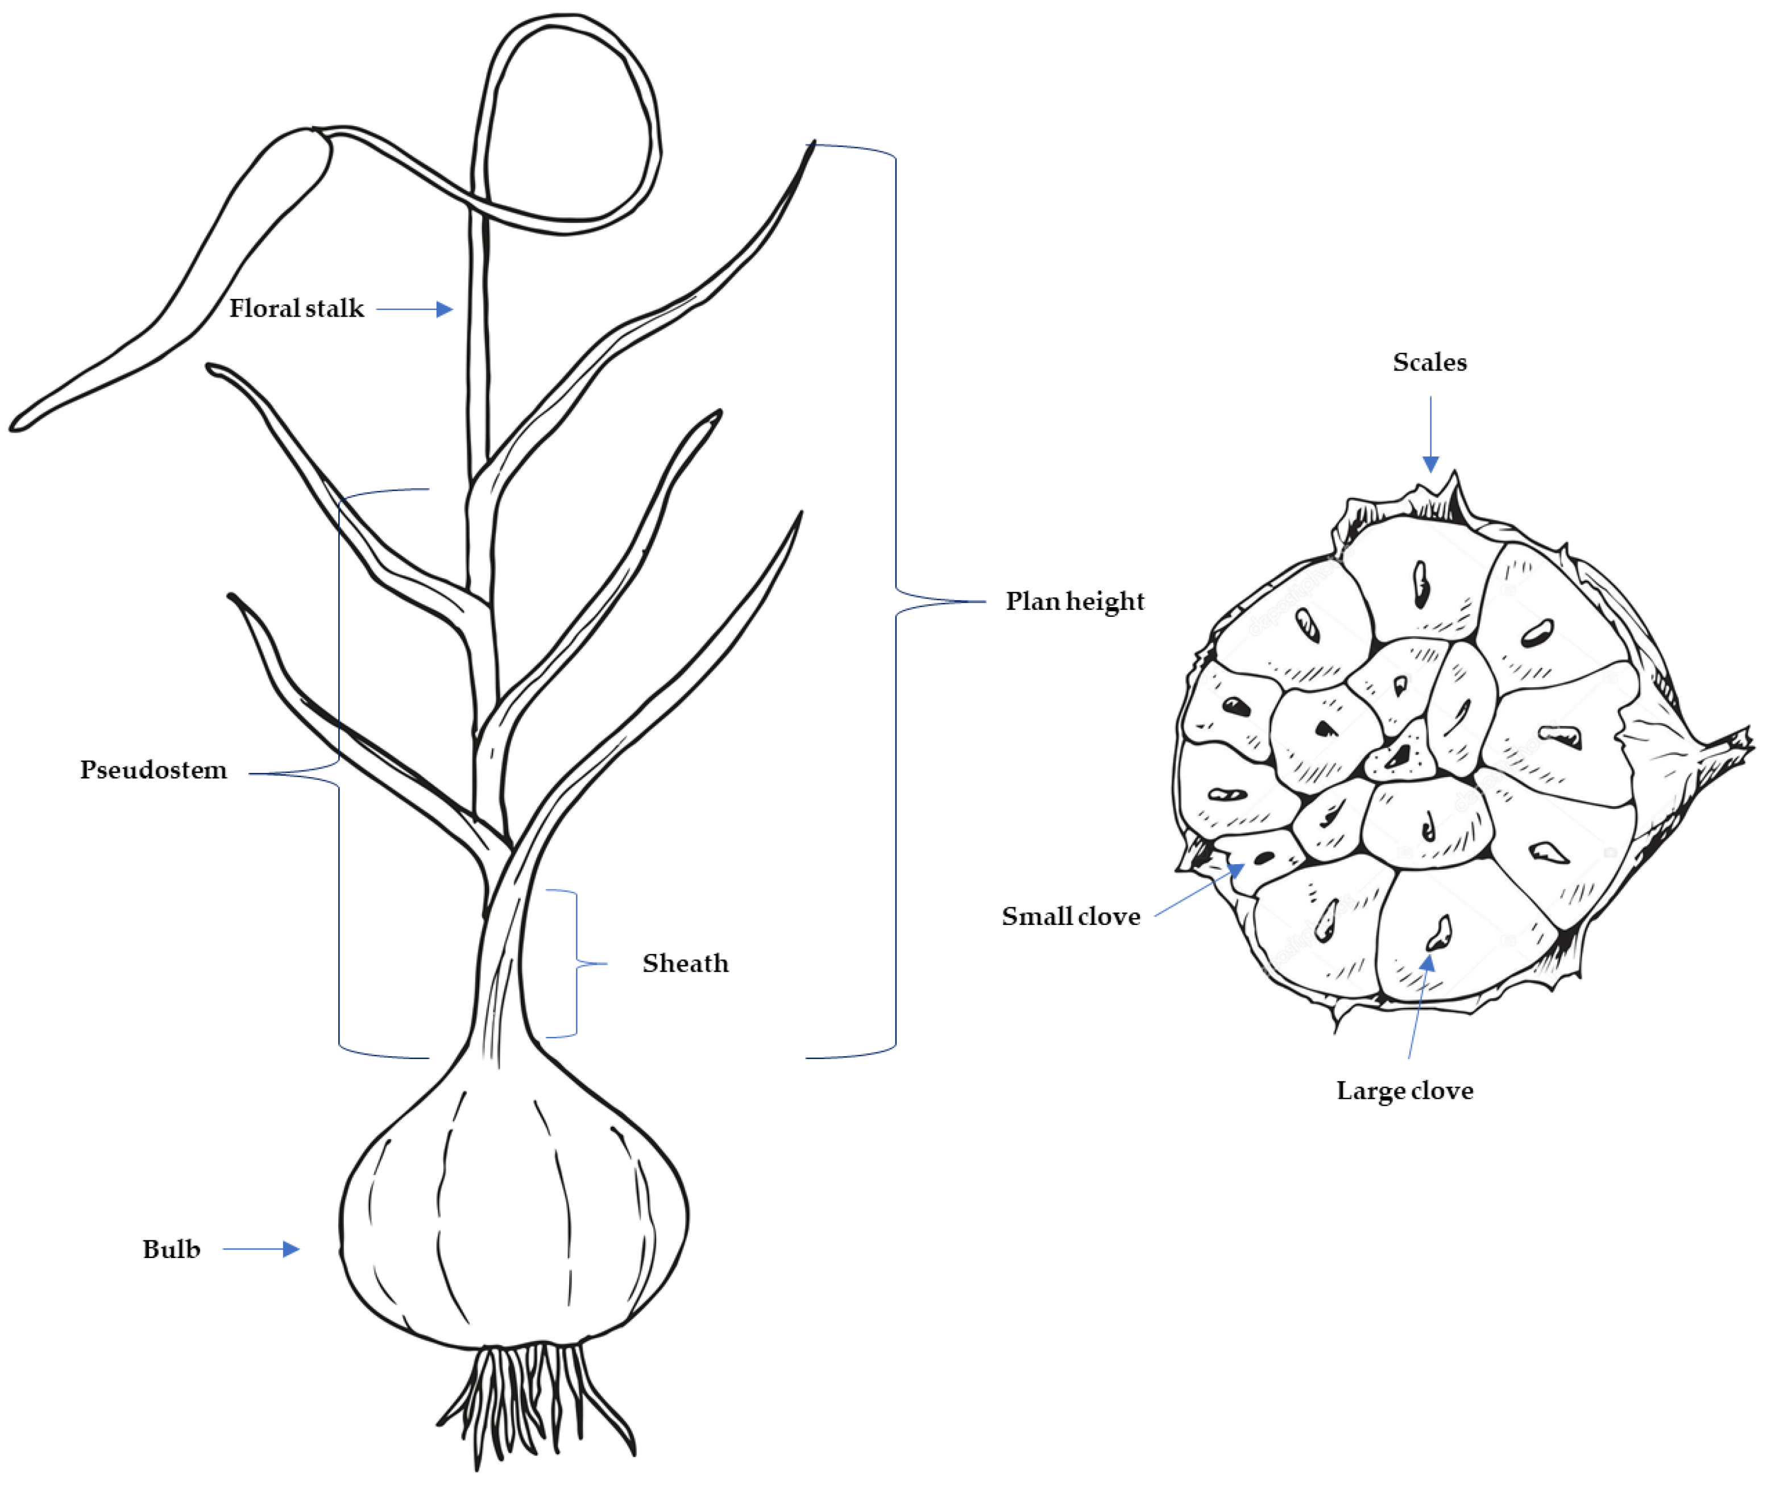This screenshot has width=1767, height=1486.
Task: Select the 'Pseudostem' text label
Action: (x=154, y=770)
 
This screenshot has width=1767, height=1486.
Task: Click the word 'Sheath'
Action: (x=685, y=963)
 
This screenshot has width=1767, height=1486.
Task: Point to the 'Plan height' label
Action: (x=1075, y=601)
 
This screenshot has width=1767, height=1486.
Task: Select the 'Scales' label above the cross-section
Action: (x=1429, y=362)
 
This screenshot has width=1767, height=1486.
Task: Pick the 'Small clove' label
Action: (x=1070, y=916)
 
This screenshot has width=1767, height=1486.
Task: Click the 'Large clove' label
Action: (x=1405, y=1091)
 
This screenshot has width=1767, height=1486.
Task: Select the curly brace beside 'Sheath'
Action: (x=577, y=963)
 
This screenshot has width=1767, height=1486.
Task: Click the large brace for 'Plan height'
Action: (x=895, y=601)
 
